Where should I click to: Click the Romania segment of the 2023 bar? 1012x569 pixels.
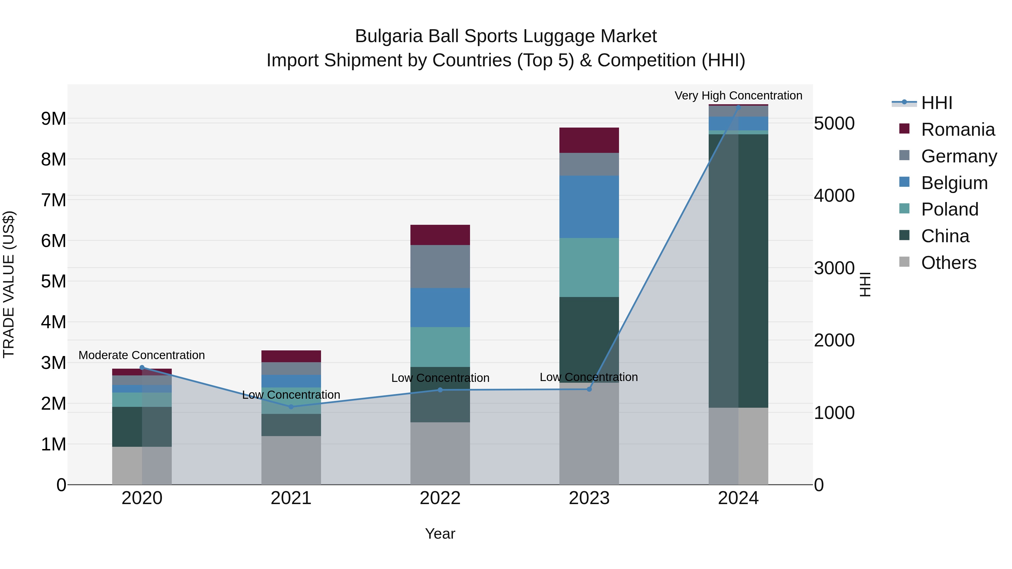coord(589,140)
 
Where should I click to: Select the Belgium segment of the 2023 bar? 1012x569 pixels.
coord(589,207)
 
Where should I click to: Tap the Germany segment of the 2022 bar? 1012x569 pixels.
coord(440,267)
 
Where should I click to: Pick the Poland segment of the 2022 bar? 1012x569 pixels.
coord(440,347)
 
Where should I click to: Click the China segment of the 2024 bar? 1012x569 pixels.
coord(738,271)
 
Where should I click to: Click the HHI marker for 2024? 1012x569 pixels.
coord(738,107)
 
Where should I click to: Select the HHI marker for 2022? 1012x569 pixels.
coord(440,390)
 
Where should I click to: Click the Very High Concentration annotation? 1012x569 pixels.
coord(738,96)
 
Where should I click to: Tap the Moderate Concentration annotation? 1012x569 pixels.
coord(142,355)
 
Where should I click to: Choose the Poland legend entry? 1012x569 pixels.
coord(949,209)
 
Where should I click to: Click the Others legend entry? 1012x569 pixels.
coord(948,263)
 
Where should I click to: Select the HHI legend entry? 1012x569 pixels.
coord(937,103)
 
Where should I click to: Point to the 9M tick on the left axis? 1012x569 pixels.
coord(54,119)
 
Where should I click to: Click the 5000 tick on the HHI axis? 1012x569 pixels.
coord(834,123)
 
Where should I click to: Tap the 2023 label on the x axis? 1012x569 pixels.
coord(589,498)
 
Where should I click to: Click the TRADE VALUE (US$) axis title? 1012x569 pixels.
coord(9,284)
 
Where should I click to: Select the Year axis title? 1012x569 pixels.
coord(440,534)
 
